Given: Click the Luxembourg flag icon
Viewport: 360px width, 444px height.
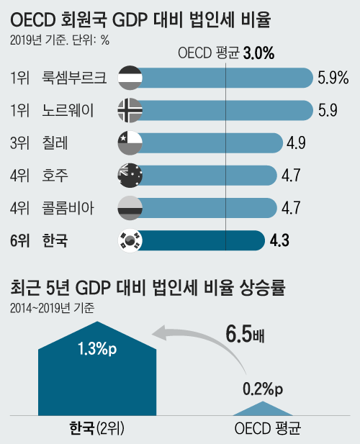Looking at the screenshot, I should click(x=130, y=77).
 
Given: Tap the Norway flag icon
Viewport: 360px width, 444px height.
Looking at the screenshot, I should click(x=130, y=109).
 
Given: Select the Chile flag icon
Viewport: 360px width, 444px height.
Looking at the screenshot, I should click(x=130, y=142).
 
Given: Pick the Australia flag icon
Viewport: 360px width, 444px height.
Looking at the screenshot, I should click(x=130, y=175).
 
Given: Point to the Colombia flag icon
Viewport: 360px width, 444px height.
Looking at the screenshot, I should click(x=130, y=208).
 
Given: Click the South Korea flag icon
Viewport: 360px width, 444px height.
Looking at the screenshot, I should click(x=130, y=240).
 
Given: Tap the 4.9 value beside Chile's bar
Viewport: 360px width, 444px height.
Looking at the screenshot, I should click(x=296, y=142).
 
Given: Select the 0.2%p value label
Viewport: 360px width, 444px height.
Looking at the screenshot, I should click(x=262, y=389).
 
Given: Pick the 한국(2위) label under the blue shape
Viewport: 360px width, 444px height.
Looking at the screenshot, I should click(x=97, y=430).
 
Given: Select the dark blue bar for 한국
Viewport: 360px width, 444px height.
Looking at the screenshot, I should click(x=202, y=240).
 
